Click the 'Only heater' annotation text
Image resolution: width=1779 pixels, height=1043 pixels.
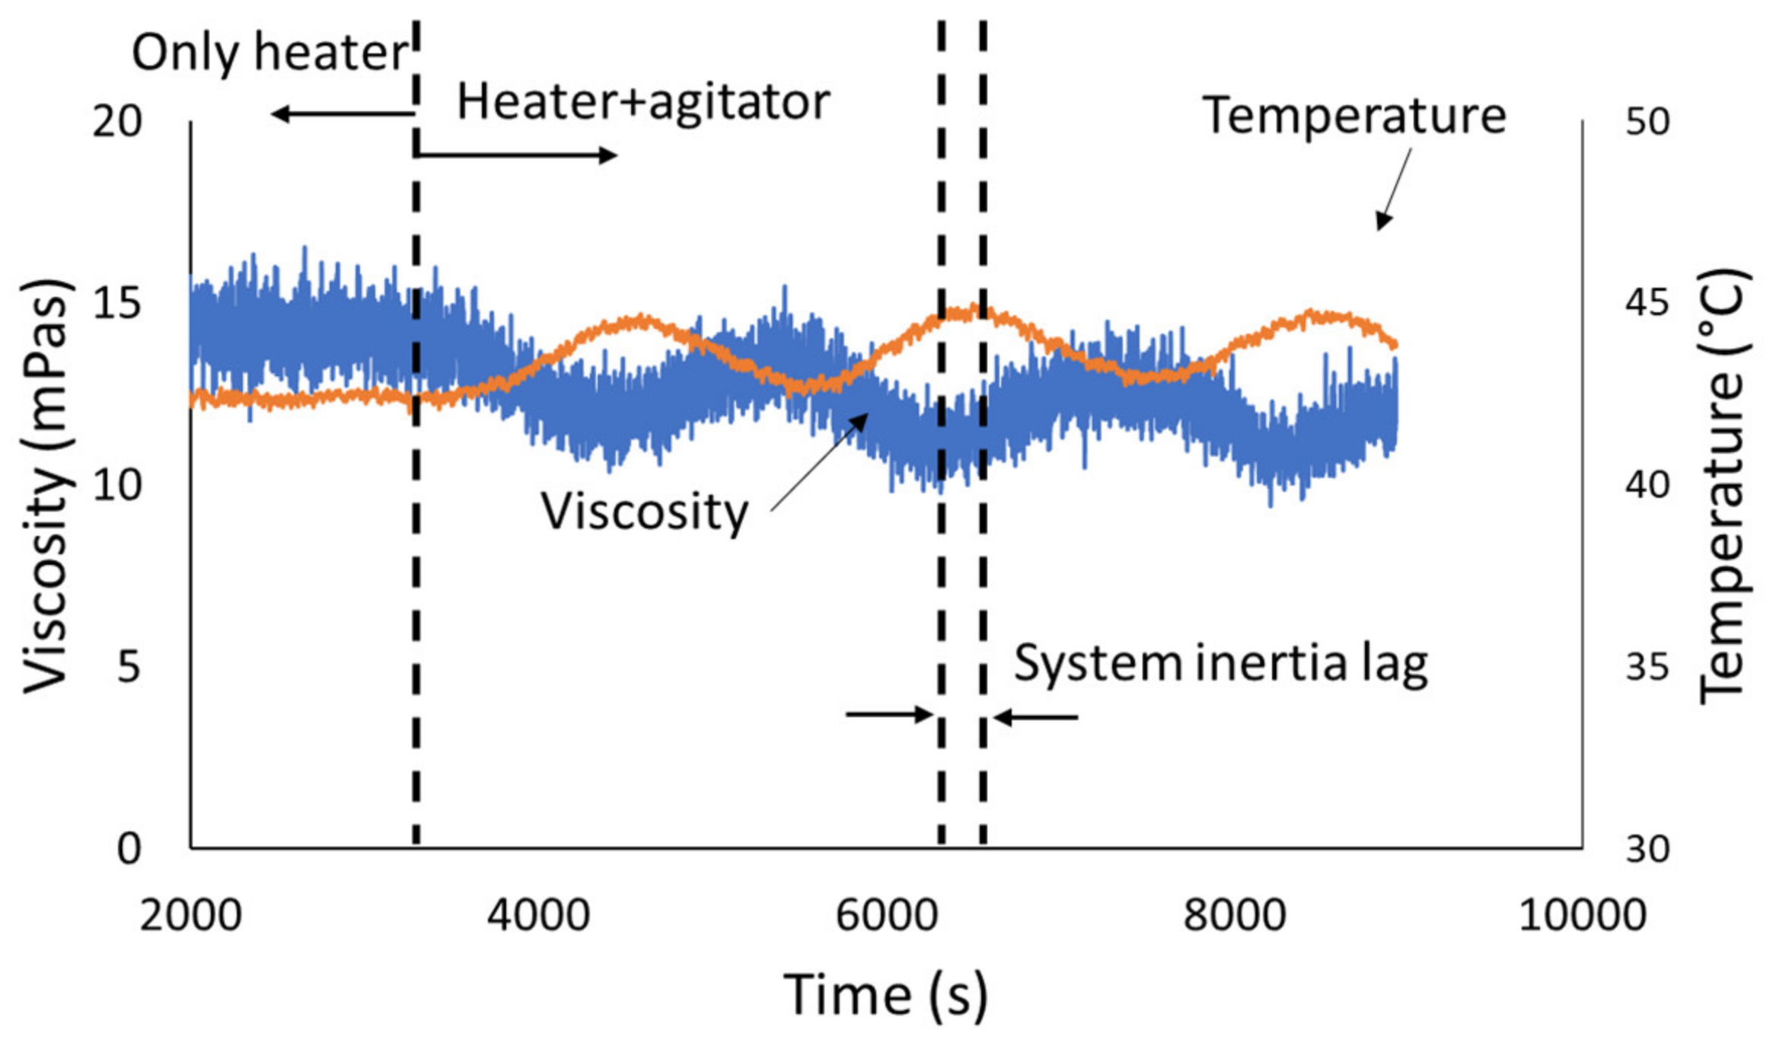click(270, 53)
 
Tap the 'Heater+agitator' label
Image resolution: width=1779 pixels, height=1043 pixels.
click(643, 103)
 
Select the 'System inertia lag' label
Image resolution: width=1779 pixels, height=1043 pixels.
click(1220, 664)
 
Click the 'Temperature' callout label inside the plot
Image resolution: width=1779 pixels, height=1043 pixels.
click(1354, 116)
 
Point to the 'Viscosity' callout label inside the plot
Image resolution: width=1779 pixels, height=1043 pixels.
click(645, 512)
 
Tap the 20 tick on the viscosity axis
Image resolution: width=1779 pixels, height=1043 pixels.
click(117, 121)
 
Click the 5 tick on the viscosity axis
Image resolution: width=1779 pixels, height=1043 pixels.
click(129, 667)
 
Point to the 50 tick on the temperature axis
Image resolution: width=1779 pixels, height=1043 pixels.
click(1647, 121)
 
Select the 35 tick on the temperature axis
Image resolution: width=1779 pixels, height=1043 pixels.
click(1647, 667)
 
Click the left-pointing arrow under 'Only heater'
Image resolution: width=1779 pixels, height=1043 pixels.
click(343, 115)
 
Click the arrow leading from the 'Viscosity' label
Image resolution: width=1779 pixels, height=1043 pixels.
click(821, 461)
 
